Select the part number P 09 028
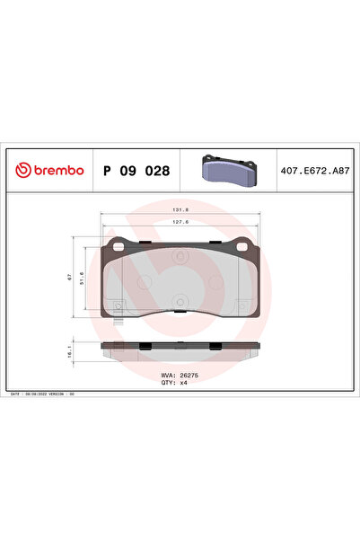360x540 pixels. click(x=137, y=171)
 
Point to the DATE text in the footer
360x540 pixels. click(x=15, y=394)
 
